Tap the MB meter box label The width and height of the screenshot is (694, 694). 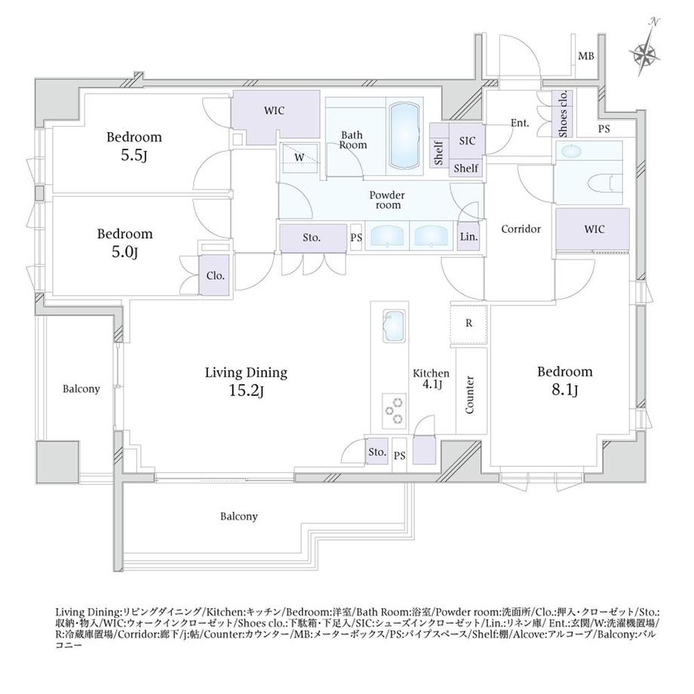pos(586,57)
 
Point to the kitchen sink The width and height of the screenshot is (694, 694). pos(394,326)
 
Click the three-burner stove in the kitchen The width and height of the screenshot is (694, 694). pos(394,410)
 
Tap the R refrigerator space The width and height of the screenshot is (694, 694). pos(468,324)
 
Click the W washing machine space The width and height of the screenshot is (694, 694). pos(299,158)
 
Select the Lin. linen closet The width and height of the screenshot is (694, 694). pos(468,237)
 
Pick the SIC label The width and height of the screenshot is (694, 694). pos(467,141)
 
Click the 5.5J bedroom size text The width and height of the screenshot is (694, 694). pos(134,156)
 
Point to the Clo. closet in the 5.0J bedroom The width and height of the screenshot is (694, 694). pos(215,275)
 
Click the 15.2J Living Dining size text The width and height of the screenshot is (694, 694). pos(246,392)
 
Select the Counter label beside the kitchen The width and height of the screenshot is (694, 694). pos(470,395)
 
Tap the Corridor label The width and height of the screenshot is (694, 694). pos(521,229)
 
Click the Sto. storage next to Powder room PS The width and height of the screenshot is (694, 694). pos(313,238)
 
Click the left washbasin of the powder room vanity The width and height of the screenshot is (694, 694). pos(387,236)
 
